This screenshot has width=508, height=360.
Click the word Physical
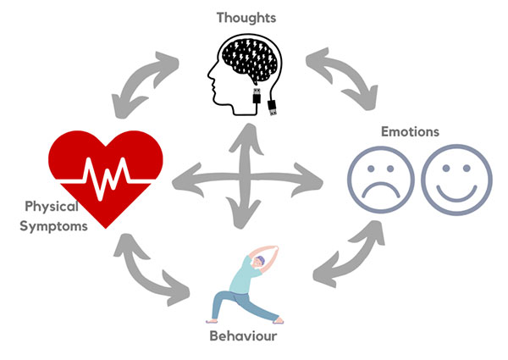51,207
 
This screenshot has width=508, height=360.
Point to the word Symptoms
55,225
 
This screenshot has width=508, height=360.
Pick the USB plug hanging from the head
272,107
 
